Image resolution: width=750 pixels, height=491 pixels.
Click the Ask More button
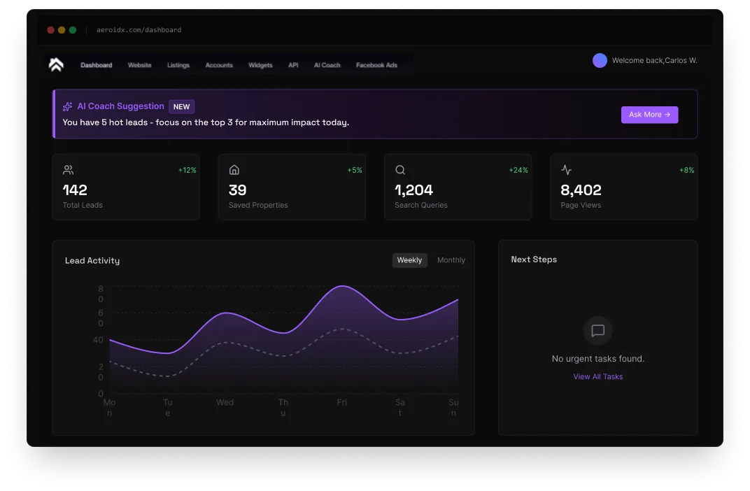tap(649, 115)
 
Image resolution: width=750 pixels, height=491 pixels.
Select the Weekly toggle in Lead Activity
tap(409, 260)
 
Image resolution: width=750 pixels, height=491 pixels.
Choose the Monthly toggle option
tap(451, 260)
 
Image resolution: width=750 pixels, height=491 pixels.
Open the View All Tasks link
tap(597, 376)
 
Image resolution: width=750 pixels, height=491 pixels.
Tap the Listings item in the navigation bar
tap(178, 65)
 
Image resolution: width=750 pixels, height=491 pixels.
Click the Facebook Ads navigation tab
tap(376, 65)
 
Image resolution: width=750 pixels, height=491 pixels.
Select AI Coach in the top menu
tap(327, 65)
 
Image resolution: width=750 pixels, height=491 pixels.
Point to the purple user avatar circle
tap(600, 60)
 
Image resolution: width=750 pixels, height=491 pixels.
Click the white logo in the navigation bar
tap(56, 64)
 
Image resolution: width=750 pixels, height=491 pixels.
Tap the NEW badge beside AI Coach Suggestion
tap(182, 107)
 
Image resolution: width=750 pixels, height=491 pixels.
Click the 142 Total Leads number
tap(75, 190)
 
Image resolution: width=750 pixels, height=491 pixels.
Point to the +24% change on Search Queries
tap(518, 170)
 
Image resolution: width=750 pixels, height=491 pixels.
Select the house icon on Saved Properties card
tap(234, 170)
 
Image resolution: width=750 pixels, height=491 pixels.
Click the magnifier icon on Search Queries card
tap(400, 170)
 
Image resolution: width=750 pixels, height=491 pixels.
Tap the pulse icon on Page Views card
tap(566, 170)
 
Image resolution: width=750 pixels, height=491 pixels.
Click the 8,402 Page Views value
tap(581, 190)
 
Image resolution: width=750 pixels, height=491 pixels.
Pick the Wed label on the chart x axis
tap(225, 402)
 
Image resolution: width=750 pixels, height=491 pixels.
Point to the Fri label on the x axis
tap(341, 402)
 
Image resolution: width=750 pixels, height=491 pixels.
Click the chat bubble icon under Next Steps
tap(597, 331)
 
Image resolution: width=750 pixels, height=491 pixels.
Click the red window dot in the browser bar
tap(50, 30)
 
